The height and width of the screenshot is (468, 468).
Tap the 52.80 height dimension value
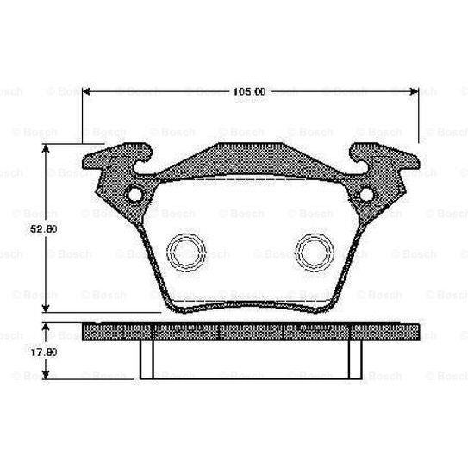tap(34, 229)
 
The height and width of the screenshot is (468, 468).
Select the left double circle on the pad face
tap(184, 253)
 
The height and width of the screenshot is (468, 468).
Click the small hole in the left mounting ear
tap(134, 195)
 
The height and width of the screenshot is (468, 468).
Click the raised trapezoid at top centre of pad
tap(250, 161)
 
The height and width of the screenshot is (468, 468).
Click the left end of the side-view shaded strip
tap(86, 333)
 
